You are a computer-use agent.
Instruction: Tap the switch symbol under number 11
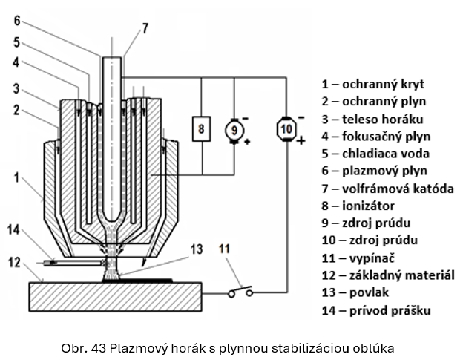pyautogui.click(x=240, y=292)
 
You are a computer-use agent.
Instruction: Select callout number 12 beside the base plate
pyautogui.click(x=16, y=261)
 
